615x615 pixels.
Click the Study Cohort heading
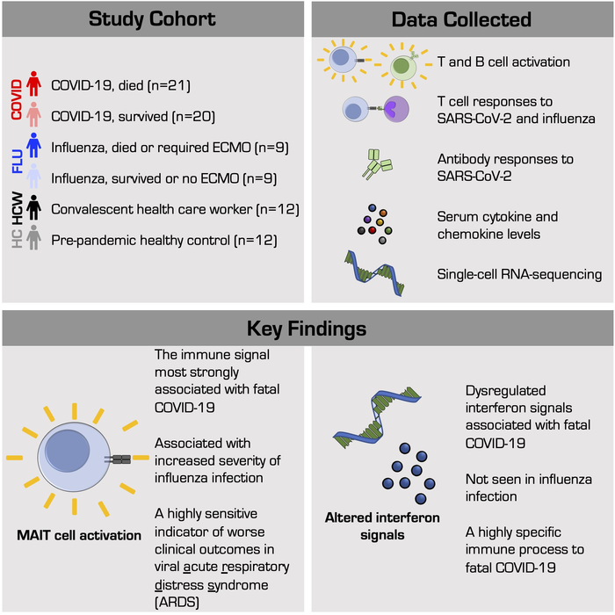(x=152, y=18)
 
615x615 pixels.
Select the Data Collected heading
(x=462, y=18)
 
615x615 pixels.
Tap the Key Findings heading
(x=307, y=329)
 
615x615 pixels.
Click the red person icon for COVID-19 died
(x=33, y=86)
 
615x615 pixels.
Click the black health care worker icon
(x=33, y=210)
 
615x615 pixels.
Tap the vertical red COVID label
(x=14, y=101)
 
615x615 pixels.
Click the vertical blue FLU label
(x=14, y=163)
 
